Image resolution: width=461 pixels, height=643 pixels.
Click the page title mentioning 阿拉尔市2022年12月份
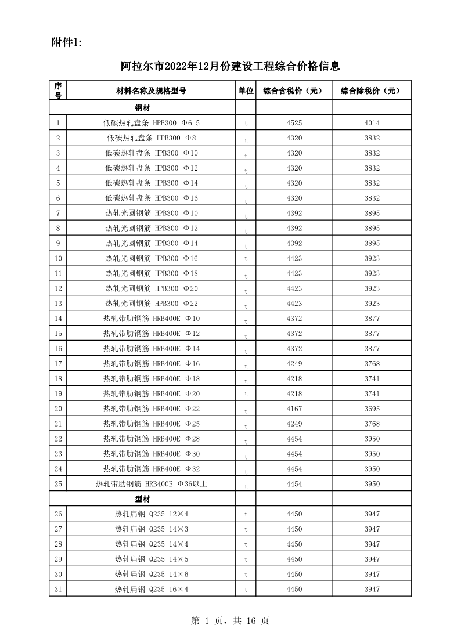click(x=230, y=66)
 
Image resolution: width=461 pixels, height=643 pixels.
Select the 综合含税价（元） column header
click(x=294, y=91)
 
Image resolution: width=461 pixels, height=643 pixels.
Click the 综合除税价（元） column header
click(x=372, y=91)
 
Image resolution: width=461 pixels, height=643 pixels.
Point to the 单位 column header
click(x=246, y=91)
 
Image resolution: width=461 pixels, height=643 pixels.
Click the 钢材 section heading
click(x=143, y=108)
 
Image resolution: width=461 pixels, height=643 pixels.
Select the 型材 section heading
click(x=143, y=499)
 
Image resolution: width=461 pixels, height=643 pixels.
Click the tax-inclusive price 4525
click(x=294, y=123)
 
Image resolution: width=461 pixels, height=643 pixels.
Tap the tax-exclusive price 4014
click(x=372, y=123)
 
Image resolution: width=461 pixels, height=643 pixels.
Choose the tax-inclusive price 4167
click(x=294, y=409)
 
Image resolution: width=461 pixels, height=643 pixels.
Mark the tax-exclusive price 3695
click(x=372, y=409)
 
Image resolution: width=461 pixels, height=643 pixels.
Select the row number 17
click(x=58, y=364)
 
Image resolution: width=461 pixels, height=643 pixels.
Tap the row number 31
click(x=58, y=590)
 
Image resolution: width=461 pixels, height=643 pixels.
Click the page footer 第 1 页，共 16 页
click(x=230, y=621)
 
